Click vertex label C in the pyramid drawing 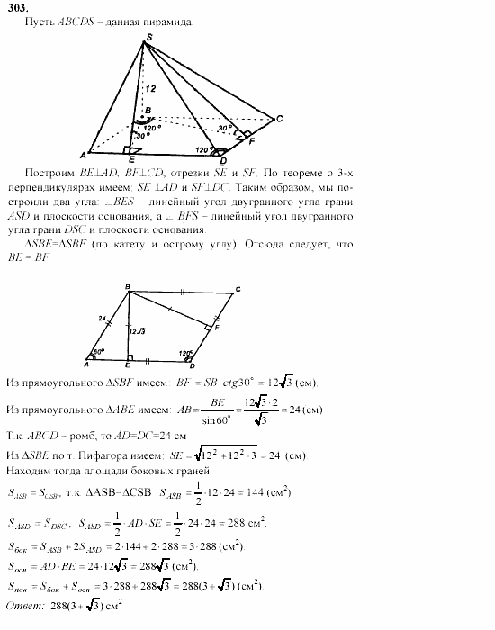coord(279,118)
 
